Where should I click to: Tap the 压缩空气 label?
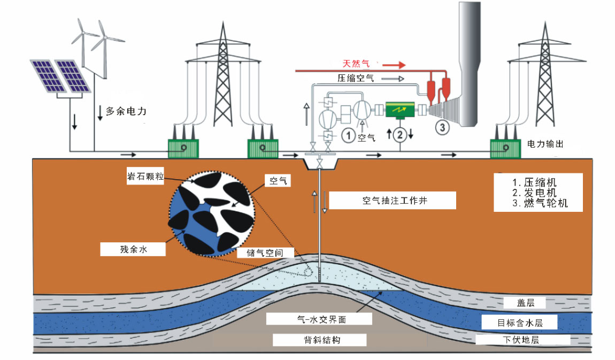pos(355,78)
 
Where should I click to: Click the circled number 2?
pos(399,134)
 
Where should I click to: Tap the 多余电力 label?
pos(126,112)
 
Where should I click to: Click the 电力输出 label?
pos(545,144)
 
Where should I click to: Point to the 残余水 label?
pos(131,249)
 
